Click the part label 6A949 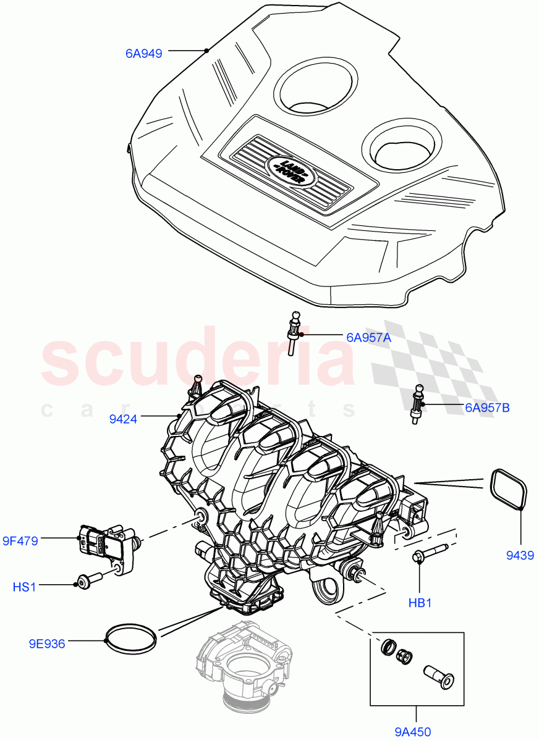143,54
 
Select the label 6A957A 369,338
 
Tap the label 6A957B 487,408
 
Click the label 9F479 20,542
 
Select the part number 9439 520,556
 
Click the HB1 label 420,603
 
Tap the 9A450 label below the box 413,732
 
